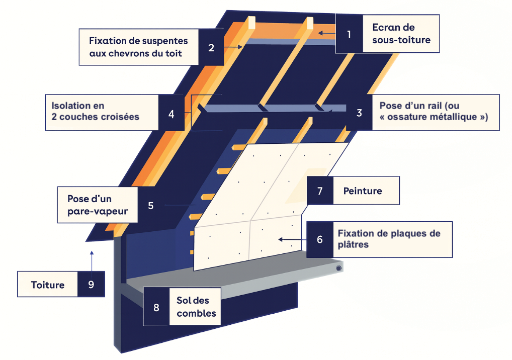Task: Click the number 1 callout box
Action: pos(349,34)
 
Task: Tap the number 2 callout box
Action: pos(211,48)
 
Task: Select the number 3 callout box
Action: pos(359,113)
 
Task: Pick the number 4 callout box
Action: pos(172,114)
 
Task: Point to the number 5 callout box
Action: pos(150,205)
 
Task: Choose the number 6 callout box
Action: pos(320,239)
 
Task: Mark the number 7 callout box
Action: pos(320,191)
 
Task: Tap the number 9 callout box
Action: pos(91,285)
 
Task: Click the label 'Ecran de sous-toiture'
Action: pos(401,34)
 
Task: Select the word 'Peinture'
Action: pos(363,191)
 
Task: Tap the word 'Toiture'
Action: pos(48,285)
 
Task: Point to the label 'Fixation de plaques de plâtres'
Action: pos(389,239)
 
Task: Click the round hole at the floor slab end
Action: pos(339,268)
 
